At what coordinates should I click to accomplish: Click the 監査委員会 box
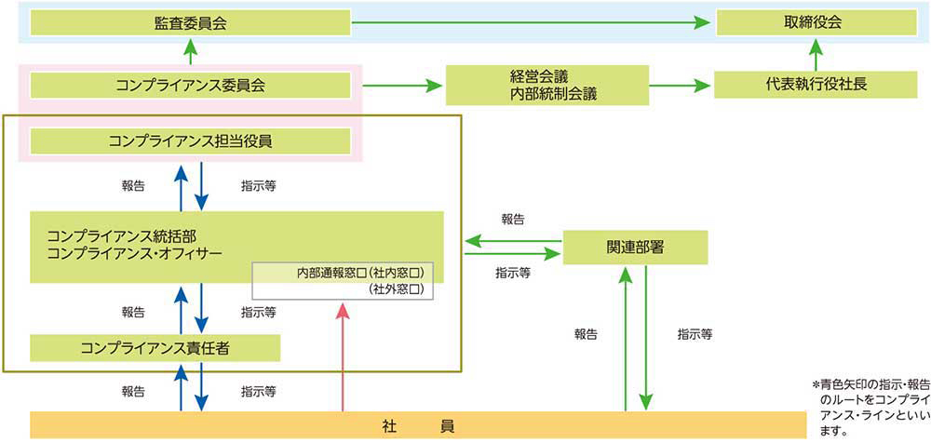[190, 22]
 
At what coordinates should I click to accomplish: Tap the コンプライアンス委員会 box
[190, 86]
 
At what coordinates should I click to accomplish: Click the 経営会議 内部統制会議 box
[546, 86]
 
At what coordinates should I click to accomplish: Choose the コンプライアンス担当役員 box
[190, 141]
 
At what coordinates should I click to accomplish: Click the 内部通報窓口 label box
[344, 280]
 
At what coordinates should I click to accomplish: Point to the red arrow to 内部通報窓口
[344, 358]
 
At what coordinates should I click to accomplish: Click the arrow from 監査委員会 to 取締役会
[531, 22]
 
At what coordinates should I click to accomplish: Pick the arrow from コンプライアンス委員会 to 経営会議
[401, 87]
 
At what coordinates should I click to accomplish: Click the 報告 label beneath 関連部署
[586, 333]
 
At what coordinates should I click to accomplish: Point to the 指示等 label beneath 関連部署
[690, 333]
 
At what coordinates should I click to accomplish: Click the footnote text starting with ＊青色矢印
[868, 407]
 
